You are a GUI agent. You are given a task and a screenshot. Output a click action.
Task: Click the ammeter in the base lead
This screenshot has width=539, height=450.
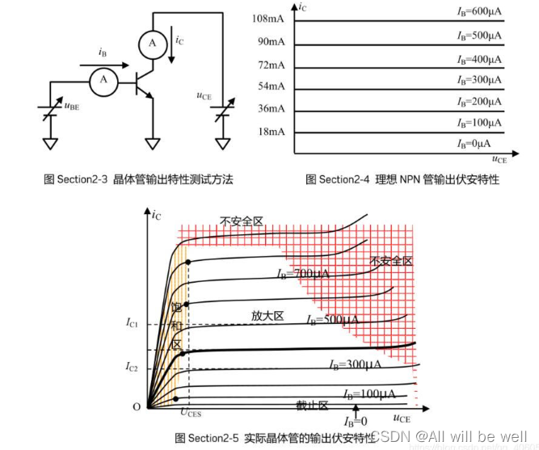[x=103, y=78]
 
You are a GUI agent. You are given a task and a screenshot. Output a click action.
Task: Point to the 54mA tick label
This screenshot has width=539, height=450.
[x=272, y=86]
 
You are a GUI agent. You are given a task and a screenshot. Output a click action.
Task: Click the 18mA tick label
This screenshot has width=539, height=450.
[x=272, y=132]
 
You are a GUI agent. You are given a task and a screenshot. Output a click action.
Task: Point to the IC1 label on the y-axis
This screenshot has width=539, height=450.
[x=133, y=324]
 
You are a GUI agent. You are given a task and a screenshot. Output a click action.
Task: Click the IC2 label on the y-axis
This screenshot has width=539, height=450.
[x=133, y=367]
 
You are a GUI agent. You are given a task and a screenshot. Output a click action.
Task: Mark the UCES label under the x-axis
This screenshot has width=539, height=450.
[x=192, y=413]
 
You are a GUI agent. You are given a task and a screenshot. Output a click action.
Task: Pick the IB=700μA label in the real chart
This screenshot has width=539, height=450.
[x=302, y=275]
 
